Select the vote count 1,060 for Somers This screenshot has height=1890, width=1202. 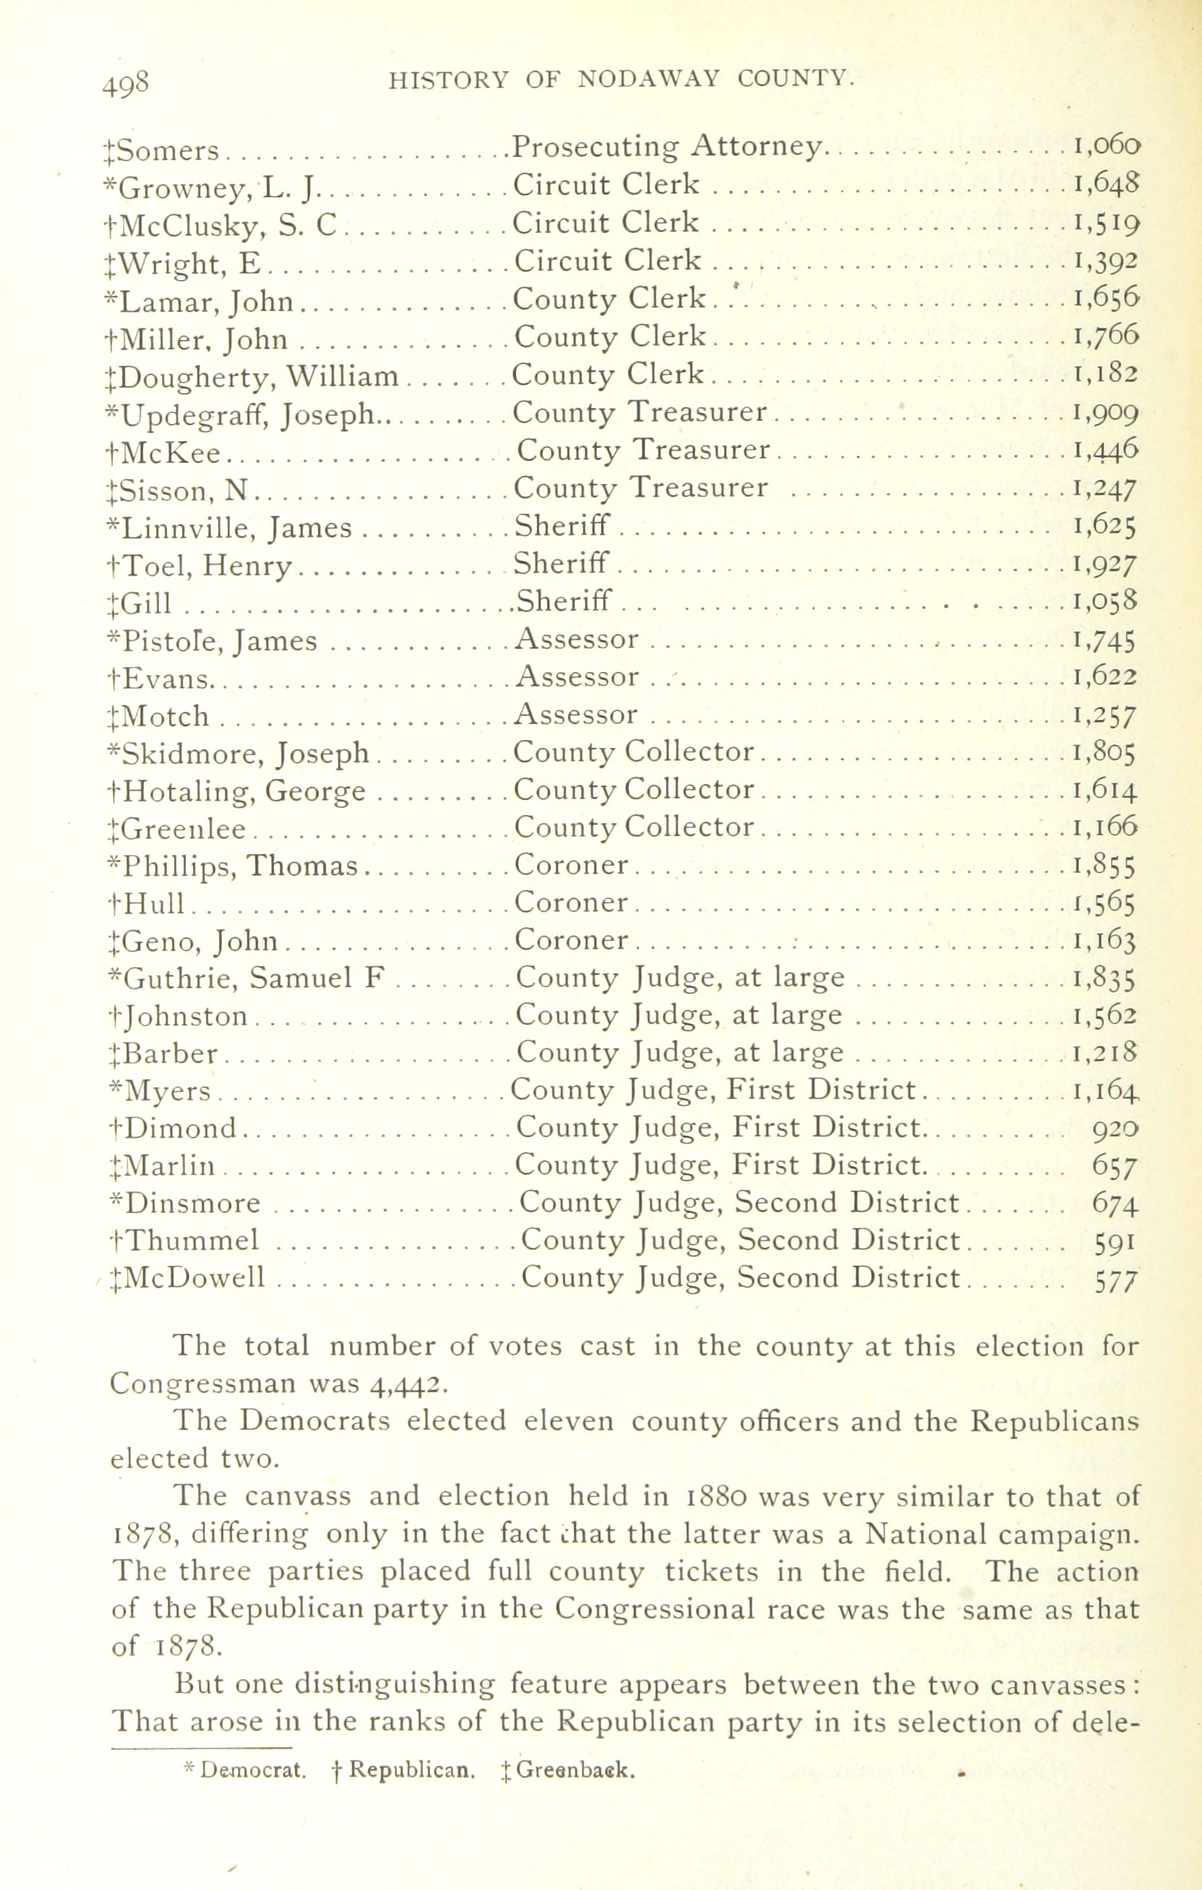1106,146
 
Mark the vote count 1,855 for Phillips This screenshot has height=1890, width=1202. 1104,866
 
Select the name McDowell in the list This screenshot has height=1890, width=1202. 188,1279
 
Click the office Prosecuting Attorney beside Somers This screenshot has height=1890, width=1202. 667,147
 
